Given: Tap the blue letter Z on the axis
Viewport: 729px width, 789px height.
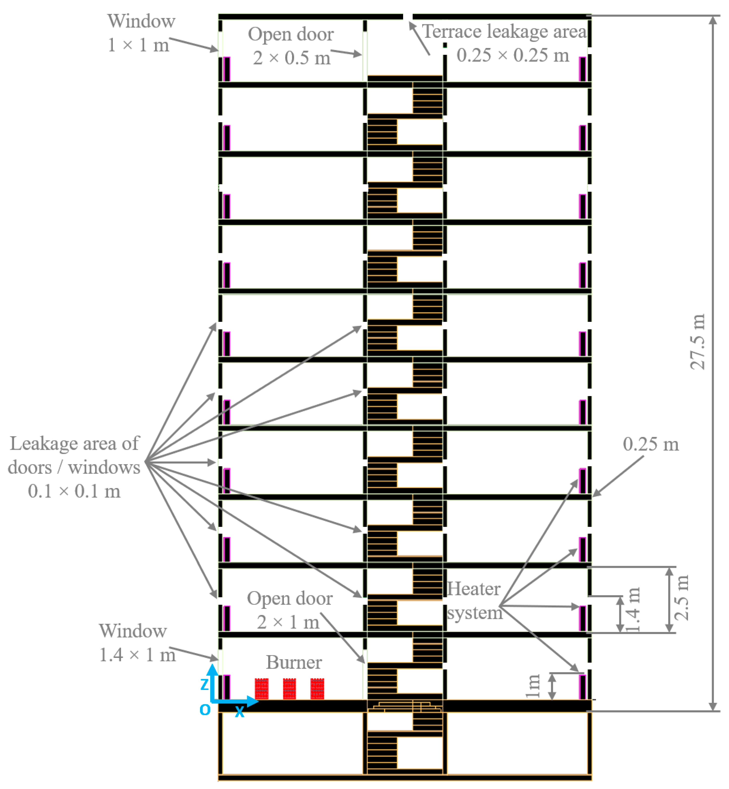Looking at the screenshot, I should point(204,684).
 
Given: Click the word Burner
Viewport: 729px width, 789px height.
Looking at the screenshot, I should point(294,663).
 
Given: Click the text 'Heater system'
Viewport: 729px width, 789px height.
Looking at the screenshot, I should point(474,601).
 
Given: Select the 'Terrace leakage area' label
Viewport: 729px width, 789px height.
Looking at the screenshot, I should point(504,32).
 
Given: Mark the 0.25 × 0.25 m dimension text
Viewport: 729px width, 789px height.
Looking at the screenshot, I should point(513,55).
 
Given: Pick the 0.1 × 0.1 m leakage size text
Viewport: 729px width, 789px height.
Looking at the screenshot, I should point(74,491).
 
